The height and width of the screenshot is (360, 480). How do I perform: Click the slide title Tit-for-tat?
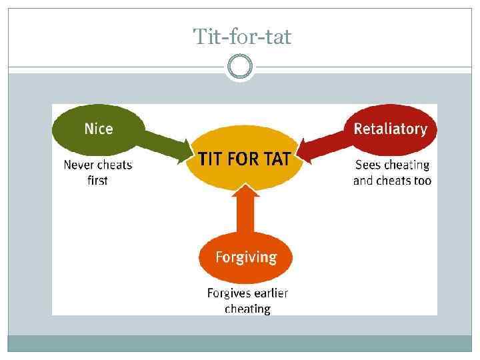pyautogui.click(x=242, y=37)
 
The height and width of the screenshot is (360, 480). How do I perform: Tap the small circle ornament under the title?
pyautogui.click(x=240, y=67)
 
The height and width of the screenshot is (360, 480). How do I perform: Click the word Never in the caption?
pyautogui.click(x=79, y=165)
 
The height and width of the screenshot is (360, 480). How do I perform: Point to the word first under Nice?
pyautogui.click(x=97, y=181)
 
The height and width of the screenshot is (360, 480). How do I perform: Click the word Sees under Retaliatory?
pyautogui.click(x=369, y=165)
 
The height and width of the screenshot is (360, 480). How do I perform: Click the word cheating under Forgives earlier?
pyautogui.click(x=247, y=309)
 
